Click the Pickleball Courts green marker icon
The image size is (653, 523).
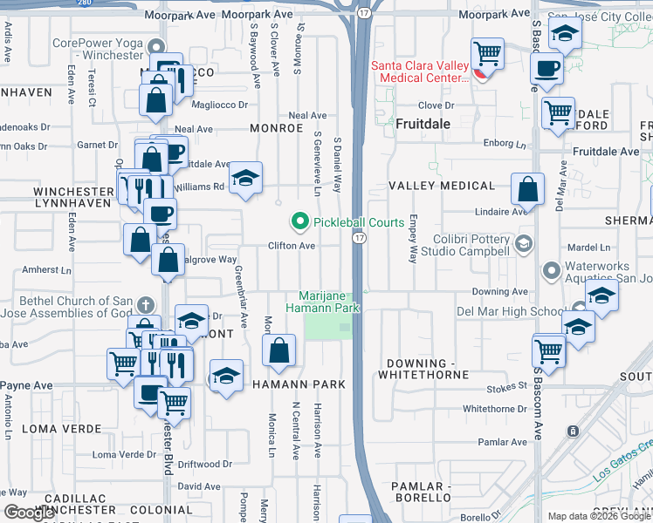coord(300,222)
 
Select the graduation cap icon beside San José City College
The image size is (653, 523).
coord(565,34)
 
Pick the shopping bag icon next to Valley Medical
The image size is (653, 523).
coord(527,189)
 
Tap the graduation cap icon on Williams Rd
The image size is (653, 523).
coord(246,178)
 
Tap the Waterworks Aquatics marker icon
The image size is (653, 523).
coord(551,272)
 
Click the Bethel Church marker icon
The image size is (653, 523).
coord(145,306)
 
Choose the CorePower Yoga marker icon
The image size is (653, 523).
coord(155,48)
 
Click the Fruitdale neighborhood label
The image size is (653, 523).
coord(423,124)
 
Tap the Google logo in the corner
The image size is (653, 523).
coord(31,513)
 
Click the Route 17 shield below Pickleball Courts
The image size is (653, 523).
coord(359,237)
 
